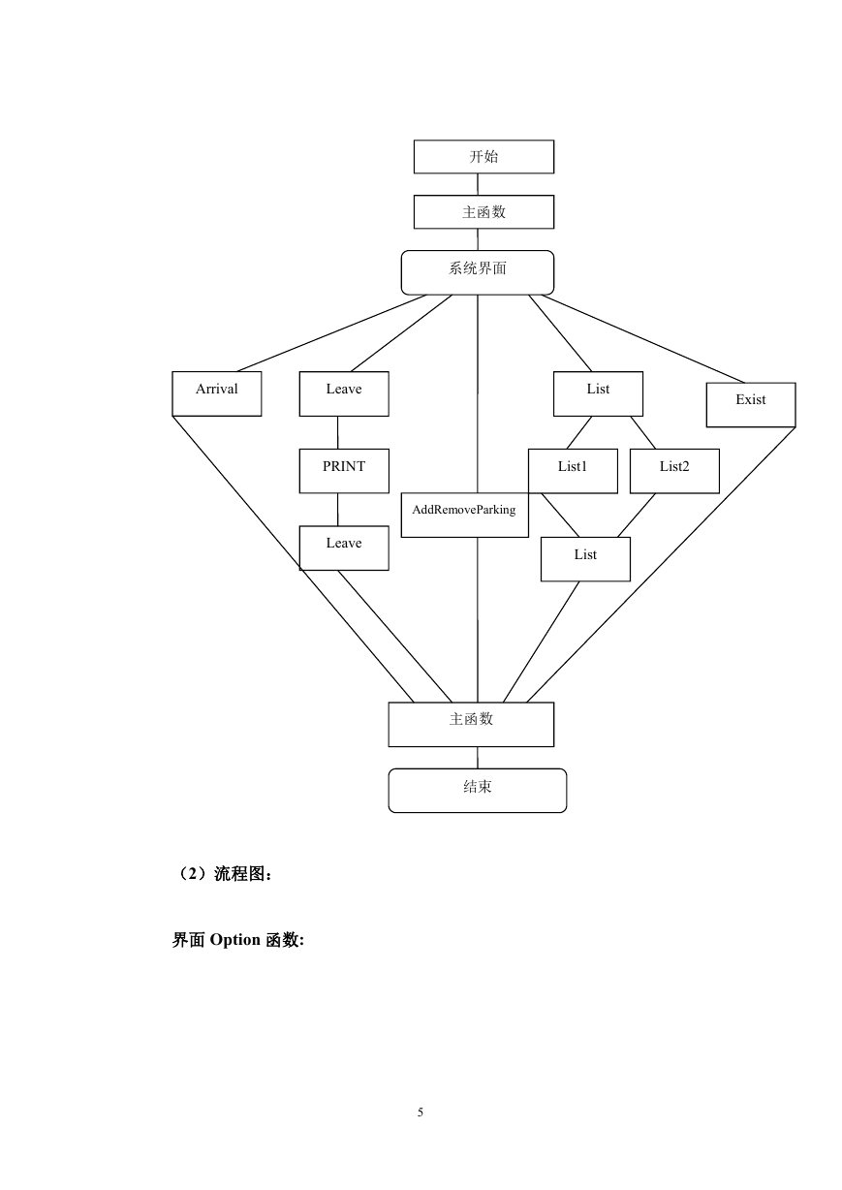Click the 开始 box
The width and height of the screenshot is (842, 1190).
click(x=483, y=157)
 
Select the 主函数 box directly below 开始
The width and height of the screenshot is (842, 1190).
click(x=483, y=212)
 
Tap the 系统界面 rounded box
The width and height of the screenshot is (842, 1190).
click(x=477, y=272)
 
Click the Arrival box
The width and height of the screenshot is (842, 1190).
click(x=217, y=393)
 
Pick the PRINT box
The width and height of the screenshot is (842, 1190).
click(x=344, y=471)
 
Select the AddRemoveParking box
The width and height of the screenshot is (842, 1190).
click(x=464, y=515)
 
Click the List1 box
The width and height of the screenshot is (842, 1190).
click(x=573, y=471)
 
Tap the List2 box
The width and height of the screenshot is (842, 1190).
click(x=674, y=471)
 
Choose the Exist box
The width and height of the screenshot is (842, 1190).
click(x=751, y=405)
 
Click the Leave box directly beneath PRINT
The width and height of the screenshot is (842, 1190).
click(x=344, y=548)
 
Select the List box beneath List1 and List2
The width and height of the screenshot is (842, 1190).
click(x=585, y=559)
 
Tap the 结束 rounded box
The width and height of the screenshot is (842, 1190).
click(x=477, y=791)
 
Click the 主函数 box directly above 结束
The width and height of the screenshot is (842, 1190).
click(x=471, y=725)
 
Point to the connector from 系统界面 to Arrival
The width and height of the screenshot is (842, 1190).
click(x=331, y=333)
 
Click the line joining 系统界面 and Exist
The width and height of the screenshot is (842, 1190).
click(x=642, y=338)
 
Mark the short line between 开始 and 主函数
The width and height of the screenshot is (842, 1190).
click(x=477, y=184)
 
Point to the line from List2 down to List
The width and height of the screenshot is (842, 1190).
click(x=636, y=516)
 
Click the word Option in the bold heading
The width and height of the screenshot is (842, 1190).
click(x=234, y=940)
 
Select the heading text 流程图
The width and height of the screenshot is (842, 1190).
click(x=239, y=874)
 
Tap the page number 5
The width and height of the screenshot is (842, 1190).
click(x=421, y=1112)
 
